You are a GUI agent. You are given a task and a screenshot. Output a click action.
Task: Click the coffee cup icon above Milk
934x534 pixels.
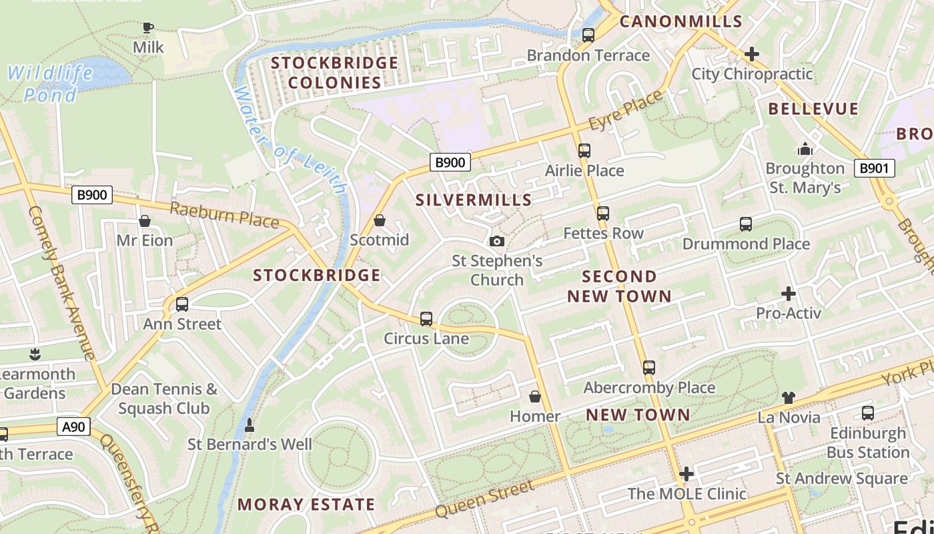point(148,27)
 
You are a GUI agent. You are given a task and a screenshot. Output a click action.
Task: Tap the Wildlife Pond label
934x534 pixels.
point(51,83)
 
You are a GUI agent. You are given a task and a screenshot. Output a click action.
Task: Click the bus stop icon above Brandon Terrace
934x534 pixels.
point(588,35)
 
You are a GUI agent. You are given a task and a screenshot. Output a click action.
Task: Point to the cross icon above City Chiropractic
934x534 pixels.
point(752,53)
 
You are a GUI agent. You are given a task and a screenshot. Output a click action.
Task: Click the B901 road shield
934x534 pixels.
point(873,168)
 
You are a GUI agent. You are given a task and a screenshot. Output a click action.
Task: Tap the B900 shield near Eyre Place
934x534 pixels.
point(450,162)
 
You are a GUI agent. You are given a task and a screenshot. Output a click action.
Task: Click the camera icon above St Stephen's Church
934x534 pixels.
point(497,241)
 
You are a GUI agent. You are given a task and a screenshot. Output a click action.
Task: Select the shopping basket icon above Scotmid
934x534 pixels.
point(380,220)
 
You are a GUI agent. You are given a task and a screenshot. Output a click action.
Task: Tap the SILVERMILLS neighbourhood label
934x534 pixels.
point(474,200)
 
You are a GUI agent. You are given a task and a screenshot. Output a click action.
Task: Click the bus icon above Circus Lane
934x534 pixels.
point(426,319)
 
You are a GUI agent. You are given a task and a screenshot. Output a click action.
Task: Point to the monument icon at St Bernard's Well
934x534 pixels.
point(250,425)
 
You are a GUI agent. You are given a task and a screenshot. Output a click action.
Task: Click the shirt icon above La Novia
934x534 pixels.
point(789,398)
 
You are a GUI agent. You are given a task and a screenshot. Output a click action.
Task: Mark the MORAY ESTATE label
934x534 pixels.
point(306,504)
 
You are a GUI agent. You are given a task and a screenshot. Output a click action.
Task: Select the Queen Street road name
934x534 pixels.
point(485,499)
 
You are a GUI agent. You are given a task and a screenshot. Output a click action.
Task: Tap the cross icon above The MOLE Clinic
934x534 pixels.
point(686,474)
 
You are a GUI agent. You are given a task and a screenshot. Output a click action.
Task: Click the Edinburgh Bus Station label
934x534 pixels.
point(868,443)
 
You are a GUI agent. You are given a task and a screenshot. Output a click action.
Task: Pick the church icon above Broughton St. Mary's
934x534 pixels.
point(805,149)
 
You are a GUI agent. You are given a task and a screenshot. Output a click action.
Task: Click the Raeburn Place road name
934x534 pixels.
point(223,214)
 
